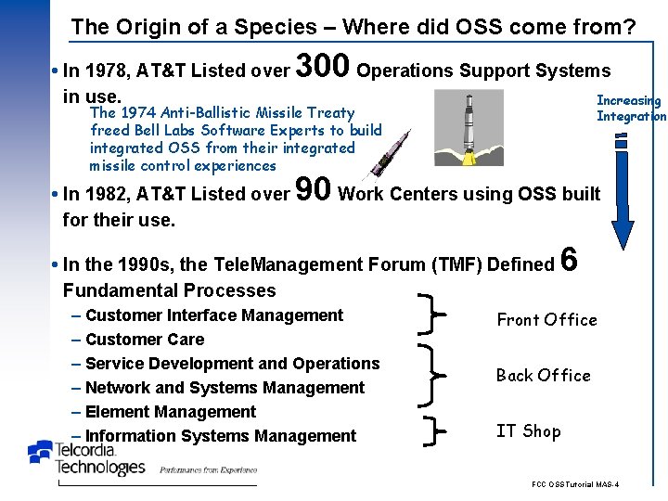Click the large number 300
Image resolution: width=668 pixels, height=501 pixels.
pyautogui.click(x=322, y=67)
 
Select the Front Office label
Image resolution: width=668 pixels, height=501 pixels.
pyautogui.click(x=546, y=320)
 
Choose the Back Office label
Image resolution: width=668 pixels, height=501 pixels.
pyautogui.click(x=543, y=376)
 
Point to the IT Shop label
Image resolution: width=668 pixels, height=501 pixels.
pyautogui.click(x=528, y=430)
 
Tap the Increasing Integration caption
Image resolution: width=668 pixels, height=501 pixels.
pyautogui.click(x=630, y=108)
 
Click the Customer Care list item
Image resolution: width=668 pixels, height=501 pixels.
pyautogui.click(x=145, y=340)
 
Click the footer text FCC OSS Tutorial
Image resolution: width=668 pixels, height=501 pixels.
pyautogui.click(x=575, y=485)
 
